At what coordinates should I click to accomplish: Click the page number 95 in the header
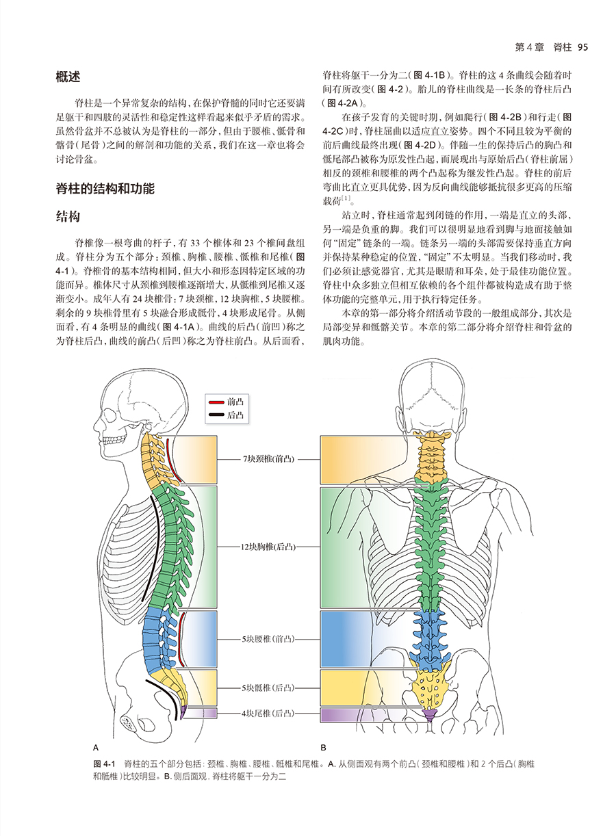point(583,47)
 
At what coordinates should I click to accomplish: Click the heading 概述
point(68,78)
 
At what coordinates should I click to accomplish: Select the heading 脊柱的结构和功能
point(105,188)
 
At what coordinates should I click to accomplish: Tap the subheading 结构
point(68,217)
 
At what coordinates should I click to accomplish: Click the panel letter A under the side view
point(95,747)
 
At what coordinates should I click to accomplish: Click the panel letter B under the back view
point(323,747)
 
